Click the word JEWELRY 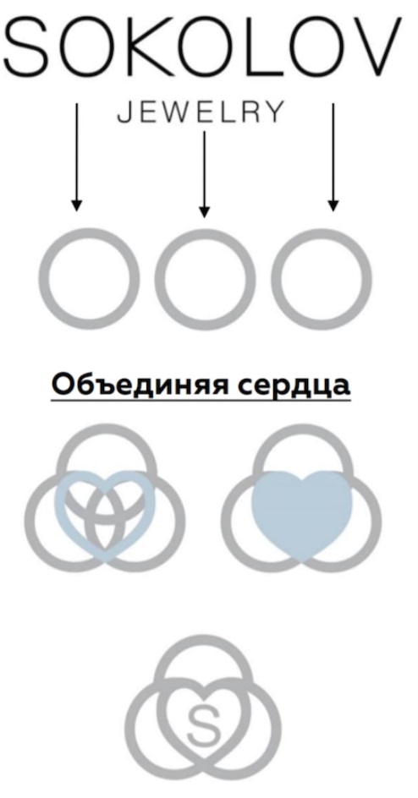point(200,112)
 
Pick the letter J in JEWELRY point(124,112)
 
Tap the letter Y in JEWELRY point(273,112)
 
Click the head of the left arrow point(76,205)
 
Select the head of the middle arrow point(205,211)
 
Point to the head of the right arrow point(333,205)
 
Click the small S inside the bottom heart point(203,724)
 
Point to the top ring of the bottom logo point(203,639)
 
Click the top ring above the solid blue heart point(302,429)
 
